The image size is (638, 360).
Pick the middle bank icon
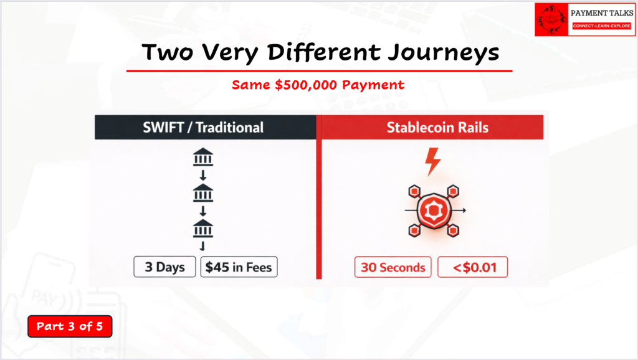click(203, 195)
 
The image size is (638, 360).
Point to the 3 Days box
click(164, 267)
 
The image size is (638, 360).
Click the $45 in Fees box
click(239, 267)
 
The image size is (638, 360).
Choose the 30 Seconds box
click(393, 268)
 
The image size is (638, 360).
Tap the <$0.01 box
click(472, 268)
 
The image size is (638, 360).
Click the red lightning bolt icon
click(432, 162)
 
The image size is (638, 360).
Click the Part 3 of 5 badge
click(70, 326)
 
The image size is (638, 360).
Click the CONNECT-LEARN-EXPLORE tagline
click(602, 26)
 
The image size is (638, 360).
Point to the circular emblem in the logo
click(553, 19)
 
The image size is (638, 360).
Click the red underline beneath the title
click(319, 71)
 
